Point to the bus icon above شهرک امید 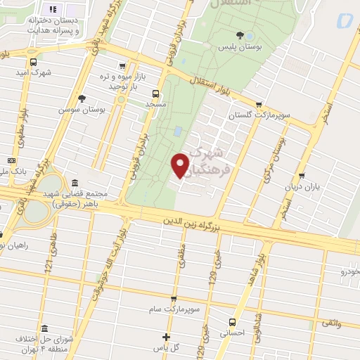[34, 62]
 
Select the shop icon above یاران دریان [302, 176]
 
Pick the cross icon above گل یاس [166, 337]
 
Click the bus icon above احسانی [231, 322]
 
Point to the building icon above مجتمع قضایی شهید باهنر [75, 183]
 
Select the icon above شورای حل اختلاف [44, 329]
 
